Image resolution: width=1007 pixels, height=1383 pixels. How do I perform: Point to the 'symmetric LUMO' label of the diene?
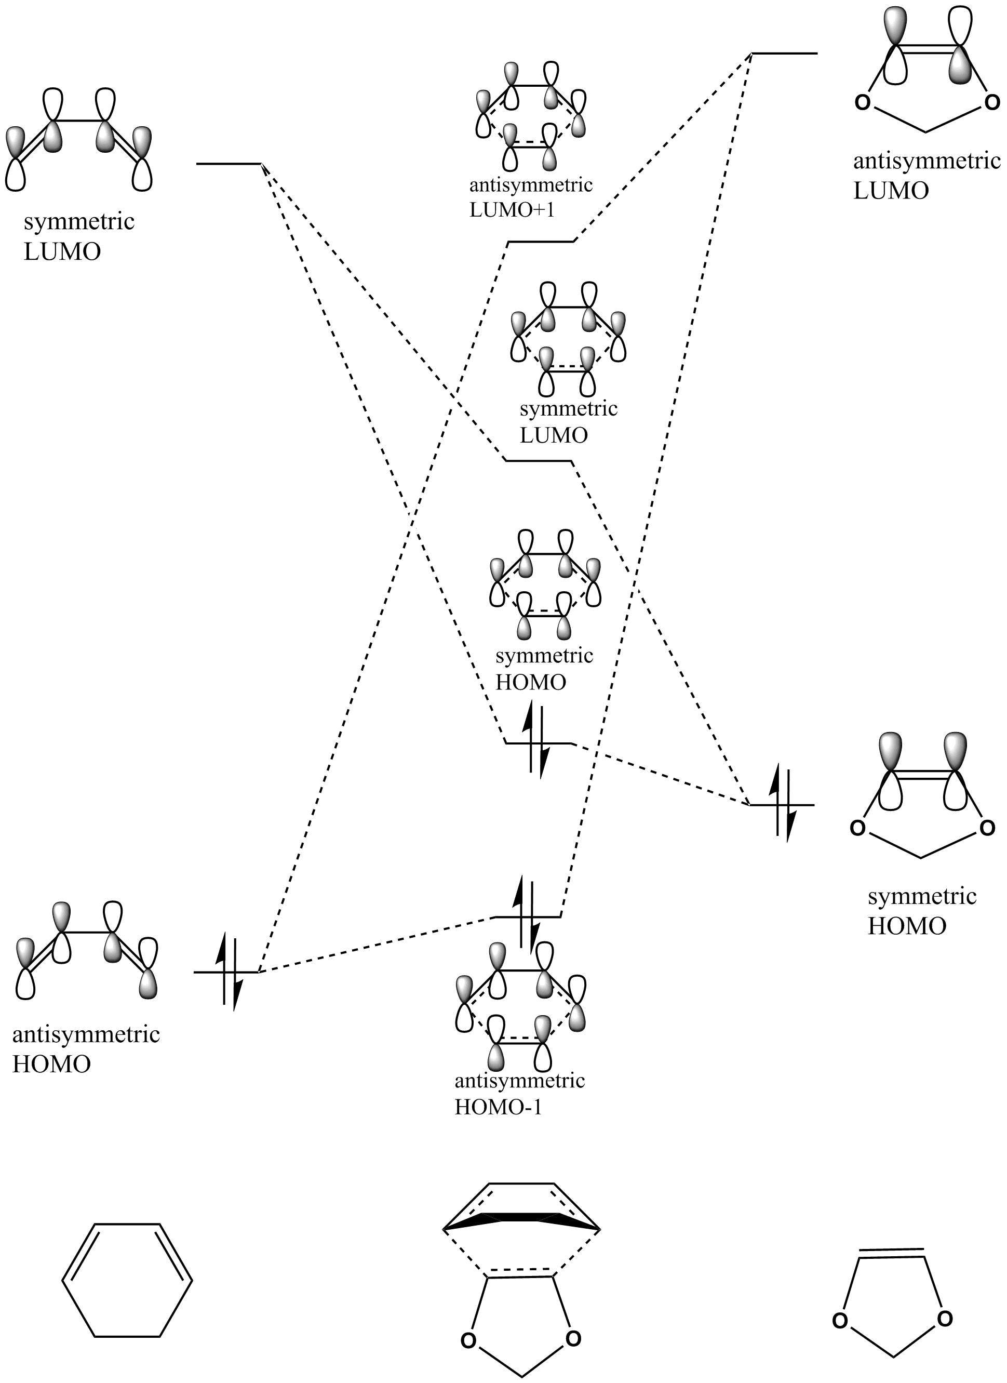(78, 236)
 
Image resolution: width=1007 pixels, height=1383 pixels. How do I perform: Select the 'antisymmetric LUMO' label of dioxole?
(926, 176)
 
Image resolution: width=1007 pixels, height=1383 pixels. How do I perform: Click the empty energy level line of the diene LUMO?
(229, 164)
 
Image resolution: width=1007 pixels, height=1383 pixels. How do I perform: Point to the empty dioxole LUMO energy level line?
(784, 54)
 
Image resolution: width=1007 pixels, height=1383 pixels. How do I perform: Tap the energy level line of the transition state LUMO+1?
(541, 242)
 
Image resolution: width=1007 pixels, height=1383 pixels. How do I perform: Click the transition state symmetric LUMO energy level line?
(538, 461)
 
